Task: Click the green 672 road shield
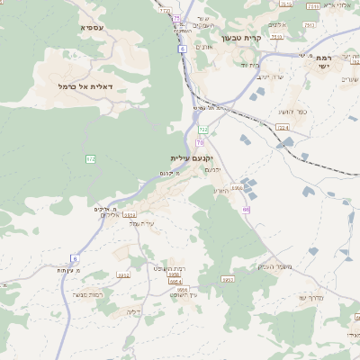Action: point(91,159)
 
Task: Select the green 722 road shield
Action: point(203,130)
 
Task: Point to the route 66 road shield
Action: point(245,209)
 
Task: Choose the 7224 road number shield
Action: point(282,129)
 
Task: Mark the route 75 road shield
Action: point(177,19)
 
